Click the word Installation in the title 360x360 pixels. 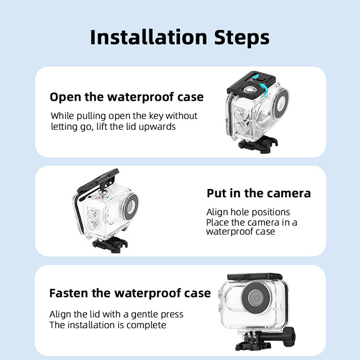(149, 37)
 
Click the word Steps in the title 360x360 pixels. (242, 37)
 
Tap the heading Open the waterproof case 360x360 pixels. (127, 97)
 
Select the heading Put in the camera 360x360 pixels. (259, 193)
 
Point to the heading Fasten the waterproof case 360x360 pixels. (130, 293)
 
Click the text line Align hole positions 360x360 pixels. (248, 212)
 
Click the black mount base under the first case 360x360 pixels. (258, 144)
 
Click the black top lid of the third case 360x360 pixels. (255, 276)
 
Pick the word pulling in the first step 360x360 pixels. (91, 116)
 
